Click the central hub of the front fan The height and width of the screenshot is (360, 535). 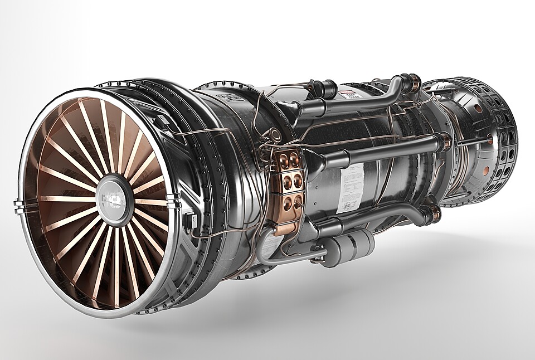114,198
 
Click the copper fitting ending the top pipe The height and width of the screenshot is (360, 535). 414,82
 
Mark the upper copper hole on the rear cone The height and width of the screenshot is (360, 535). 478,108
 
